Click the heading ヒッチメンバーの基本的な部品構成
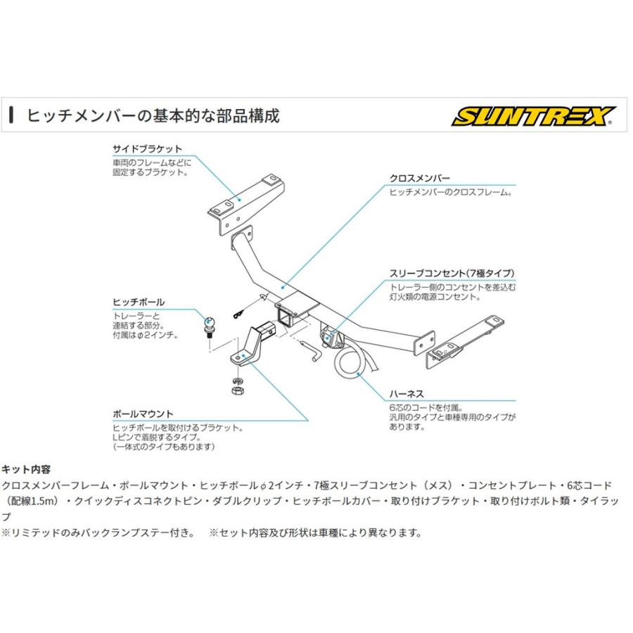[x=153, y=116]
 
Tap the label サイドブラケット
[x=147, y=149]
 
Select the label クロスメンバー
[x=420, y=179]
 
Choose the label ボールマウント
[x=143, y=414]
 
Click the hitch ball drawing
[x=210, y=324]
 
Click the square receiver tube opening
[x=286, y=314]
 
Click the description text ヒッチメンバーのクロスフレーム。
[x=450, y=191]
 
